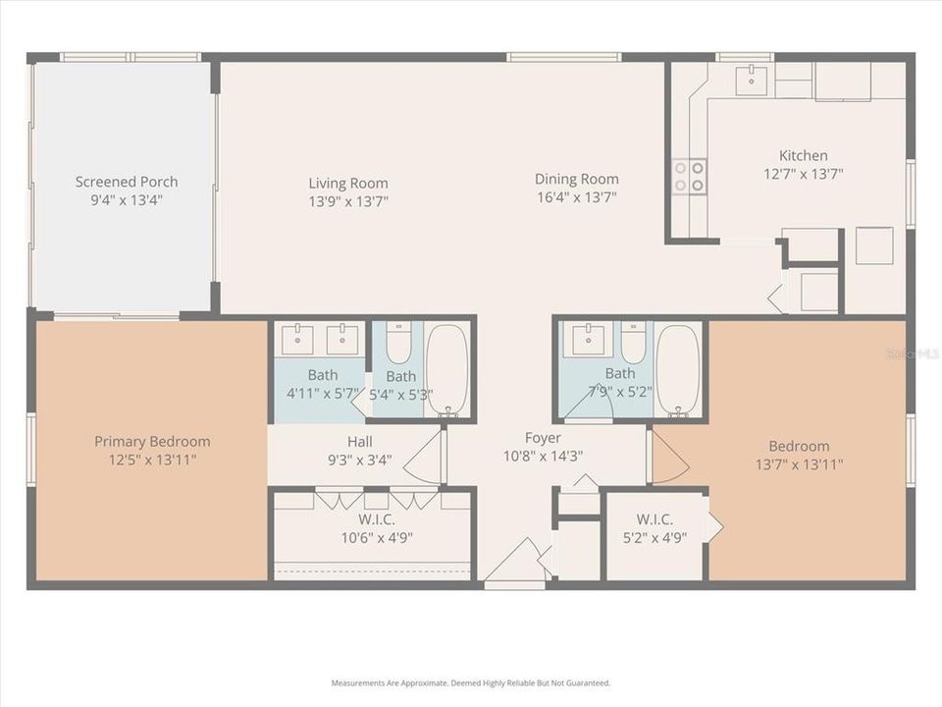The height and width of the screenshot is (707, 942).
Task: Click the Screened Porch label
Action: coord(127,182)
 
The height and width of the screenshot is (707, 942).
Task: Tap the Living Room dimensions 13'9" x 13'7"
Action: coord(348,200)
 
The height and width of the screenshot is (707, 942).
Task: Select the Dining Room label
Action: coord(576,179)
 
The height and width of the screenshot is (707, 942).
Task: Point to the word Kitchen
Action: coord(803,155)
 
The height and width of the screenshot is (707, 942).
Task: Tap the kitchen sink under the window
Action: coord(751,80)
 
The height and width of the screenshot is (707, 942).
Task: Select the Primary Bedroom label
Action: coord(152,441)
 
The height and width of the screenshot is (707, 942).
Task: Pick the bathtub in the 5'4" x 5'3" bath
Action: coord(447,370)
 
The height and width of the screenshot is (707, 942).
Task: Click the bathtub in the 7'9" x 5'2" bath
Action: coord(677,369)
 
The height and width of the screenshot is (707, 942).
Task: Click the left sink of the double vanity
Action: coord(296,340)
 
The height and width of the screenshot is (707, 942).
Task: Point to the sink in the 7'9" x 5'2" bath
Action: coord(587,340)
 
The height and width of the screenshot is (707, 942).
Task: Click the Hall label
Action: coord(359,441)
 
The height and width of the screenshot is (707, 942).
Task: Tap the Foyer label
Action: coord(544,437)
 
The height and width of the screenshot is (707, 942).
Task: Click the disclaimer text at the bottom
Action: coord(471,682)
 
